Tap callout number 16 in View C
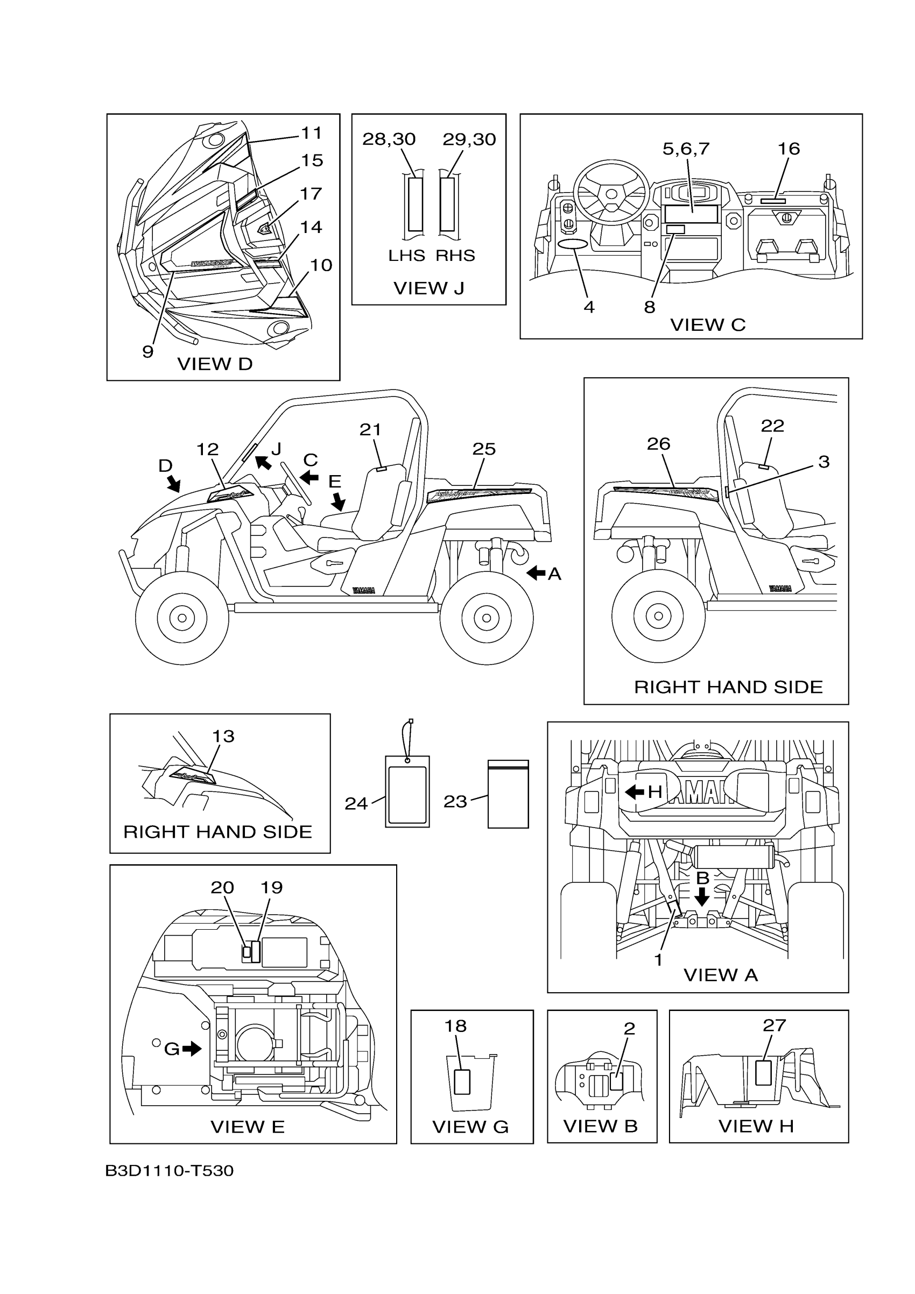coord(788,149)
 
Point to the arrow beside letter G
coord(192,1048)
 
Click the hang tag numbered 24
coord(407,791)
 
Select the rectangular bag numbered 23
coord(508,794)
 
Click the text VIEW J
coord(428,288)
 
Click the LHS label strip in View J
coord(415,204)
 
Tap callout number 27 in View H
coord(774,1025)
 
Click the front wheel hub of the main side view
coord(181,618)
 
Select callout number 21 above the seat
coord(370,430)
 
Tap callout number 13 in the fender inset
coord(223,736)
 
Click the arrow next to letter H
coord(635,792)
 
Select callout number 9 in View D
coord(147,352)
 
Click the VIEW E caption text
coord(248,1127)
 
